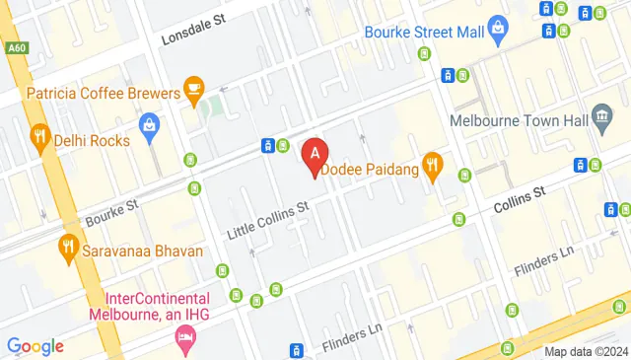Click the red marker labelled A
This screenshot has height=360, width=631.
pos(315,155)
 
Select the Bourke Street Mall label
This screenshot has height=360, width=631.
pos(425,31)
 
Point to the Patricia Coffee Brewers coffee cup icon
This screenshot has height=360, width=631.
pos(194,92)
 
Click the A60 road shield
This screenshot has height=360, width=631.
pos(15,46)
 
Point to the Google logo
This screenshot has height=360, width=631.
pos(35,346)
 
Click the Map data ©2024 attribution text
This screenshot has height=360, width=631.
pos(587,351)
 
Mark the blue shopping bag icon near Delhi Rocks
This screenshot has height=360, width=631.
pos(149,125)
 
